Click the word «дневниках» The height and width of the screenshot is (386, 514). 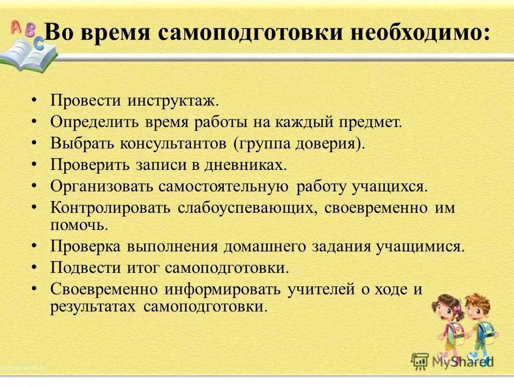click(246, 165)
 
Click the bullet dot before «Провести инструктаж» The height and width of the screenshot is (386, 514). click(34, 100)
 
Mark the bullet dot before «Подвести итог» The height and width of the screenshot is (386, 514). click(34, 266)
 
